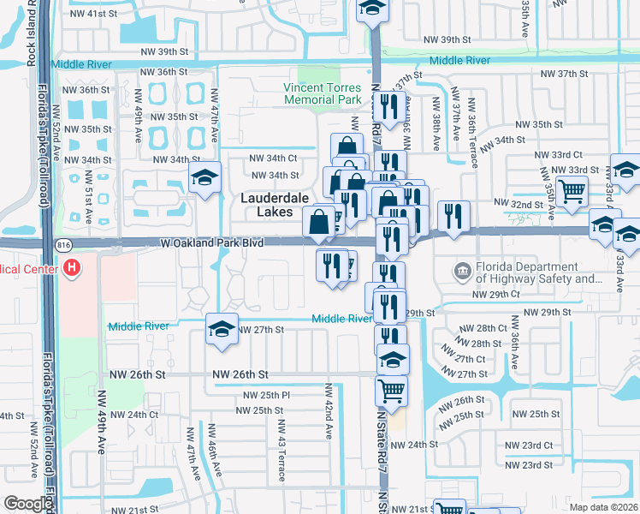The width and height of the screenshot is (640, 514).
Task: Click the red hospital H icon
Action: [73, 269]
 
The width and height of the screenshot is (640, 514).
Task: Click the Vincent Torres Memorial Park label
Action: [323, 94]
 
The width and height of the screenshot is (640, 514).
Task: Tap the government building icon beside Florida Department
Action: [463, 272]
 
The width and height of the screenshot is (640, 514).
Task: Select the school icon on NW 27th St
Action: [221, 331]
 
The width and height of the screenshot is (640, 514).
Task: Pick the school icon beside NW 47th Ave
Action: [204, 178]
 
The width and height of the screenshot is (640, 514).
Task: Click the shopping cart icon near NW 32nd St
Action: [572, 191]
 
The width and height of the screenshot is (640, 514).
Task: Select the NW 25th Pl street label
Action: [267, 395]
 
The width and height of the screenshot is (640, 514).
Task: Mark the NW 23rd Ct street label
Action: [528, 445]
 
